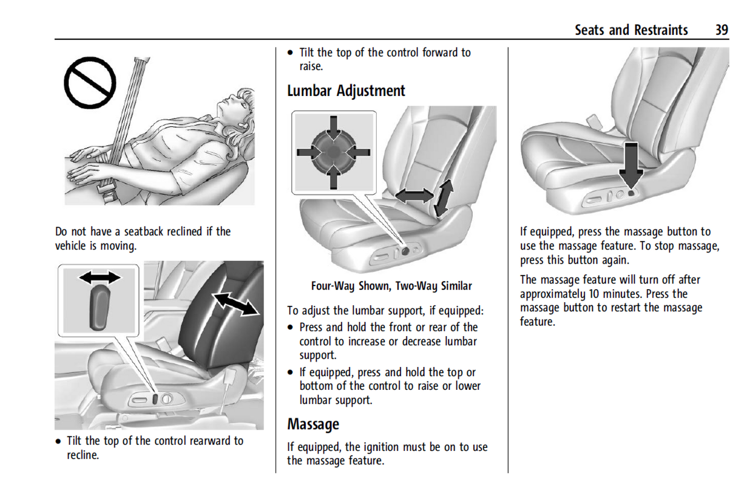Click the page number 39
pyautogui.click(x=721, y=30)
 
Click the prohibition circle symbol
pyautogui.click(x=90, y=83)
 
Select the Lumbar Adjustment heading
pyautogui.click(x=346, y=91)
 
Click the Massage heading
pyautogui.click(x=313, y=424)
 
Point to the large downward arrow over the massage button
pyautogui.click(x=631, y=164)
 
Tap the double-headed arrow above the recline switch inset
pyautogui.click(x=100, y=277)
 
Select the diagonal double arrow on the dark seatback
pyautogui.click(x=236, y=304)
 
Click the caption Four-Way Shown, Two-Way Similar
pyautogui.click(x=391, y=286)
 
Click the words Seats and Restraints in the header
pyautogui.click(x=631, y=30)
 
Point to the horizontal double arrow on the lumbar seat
pyautogui.click(x=414, y=196)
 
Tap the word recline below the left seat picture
pyautogui.click(x=82, y=455)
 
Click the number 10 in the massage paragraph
pyautogui.click(x=594, y=294)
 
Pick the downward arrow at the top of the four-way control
pyautogui.click(x=333, y=127)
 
